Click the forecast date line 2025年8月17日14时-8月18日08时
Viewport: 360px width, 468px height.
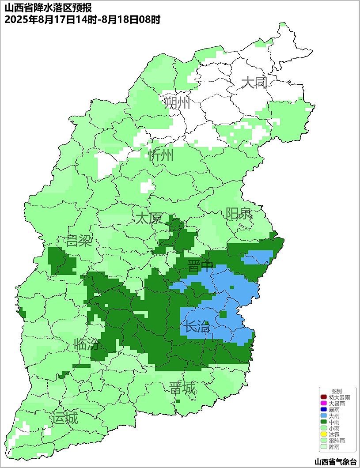tap(82, 20)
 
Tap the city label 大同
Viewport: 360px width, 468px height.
tap(254, 82)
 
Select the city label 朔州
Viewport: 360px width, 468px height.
tap(177, 103)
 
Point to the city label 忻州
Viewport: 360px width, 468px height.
tap(161, 155)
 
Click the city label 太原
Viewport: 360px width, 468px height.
tap(148, 218)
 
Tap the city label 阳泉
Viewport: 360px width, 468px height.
tap(239, 214)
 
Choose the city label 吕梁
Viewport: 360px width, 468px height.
tap(79, 241)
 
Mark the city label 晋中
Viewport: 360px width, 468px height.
tap(200, 266)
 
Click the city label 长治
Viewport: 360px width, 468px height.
tap(197, 327)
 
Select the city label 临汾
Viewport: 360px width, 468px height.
tap(87, 344)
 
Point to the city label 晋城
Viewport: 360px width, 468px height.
tap(182, 388)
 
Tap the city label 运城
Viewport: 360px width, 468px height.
tap(64, 418)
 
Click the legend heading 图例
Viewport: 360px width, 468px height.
tap(337, 391)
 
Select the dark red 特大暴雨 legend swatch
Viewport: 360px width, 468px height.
tap(324, 397)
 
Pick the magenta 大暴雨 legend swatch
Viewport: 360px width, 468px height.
tap(324, 404)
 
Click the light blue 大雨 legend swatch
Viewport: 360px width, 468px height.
tap(324, 416)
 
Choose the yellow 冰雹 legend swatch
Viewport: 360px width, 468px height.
tap(324, 434)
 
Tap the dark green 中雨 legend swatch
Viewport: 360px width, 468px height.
tap(324, 422)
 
